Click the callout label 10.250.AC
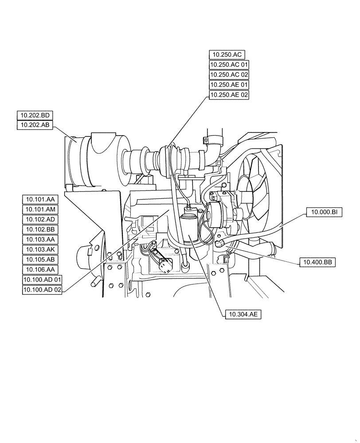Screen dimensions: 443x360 point(227,54)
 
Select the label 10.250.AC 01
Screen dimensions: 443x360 point(229,65)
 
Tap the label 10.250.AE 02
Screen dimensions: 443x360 point(229,95)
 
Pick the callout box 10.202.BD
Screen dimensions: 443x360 point(35,116)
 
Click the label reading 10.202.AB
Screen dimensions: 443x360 point(35,126)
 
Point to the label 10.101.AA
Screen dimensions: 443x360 point(40,199)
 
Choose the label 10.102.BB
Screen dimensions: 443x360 point(40,229)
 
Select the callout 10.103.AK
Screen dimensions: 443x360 point(40,249)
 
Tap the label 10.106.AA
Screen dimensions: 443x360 point(40,269)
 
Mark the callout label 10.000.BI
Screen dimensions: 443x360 point(325,213)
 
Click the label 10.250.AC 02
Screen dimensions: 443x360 point(229,75)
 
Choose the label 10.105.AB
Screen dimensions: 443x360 point(40,259)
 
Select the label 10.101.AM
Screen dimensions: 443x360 point(40,209)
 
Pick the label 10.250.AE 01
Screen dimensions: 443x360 point(229,85)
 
